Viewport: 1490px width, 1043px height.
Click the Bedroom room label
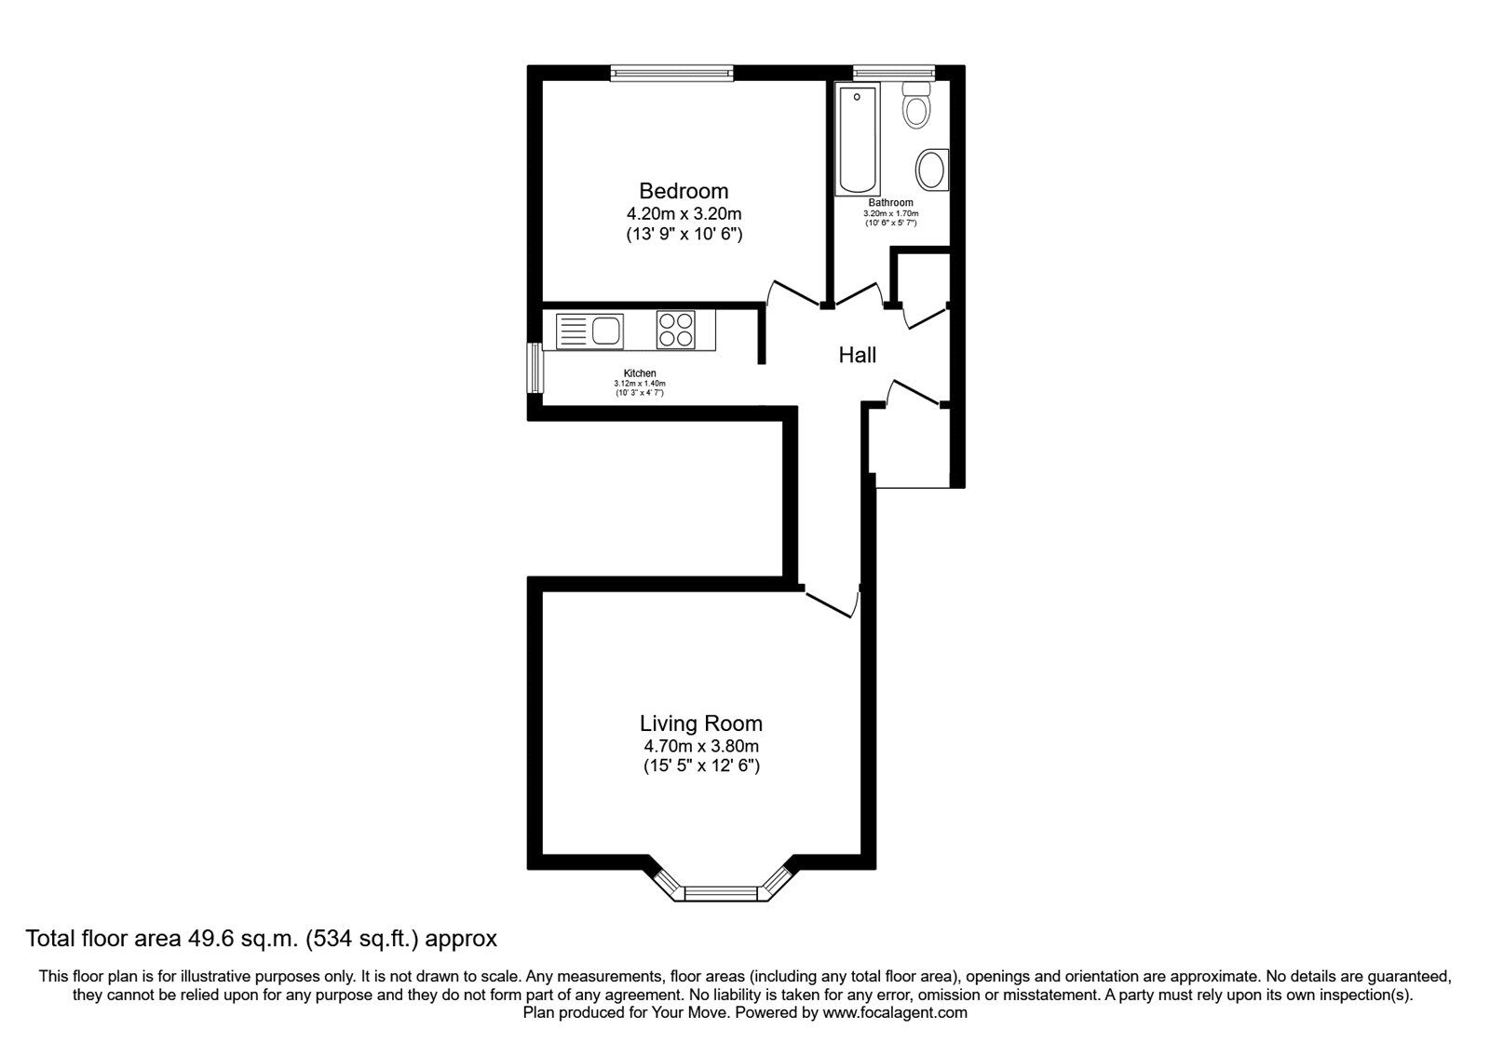[684, 191]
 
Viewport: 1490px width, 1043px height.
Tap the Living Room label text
[700, 723]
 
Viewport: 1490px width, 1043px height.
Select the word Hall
[857, 355]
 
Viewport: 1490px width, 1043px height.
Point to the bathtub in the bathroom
[858, 140]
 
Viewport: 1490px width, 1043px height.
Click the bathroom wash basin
[931, 170]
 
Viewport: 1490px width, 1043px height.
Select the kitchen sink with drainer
[589, 331]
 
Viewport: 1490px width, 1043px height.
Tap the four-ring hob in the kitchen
[675, 330]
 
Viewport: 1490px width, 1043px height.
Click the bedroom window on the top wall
[672, 72]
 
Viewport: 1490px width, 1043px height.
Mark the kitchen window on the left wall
[535, 369]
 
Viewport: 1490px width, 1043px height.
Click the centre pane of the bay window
[723, 894]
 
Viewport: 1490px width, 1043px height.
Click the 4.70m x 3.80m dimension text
[700, 746]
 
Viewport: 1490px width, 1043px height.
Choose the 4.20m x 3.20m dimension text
[684, 214]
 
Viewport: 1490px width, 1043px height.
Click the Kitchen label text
[640, 373]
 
